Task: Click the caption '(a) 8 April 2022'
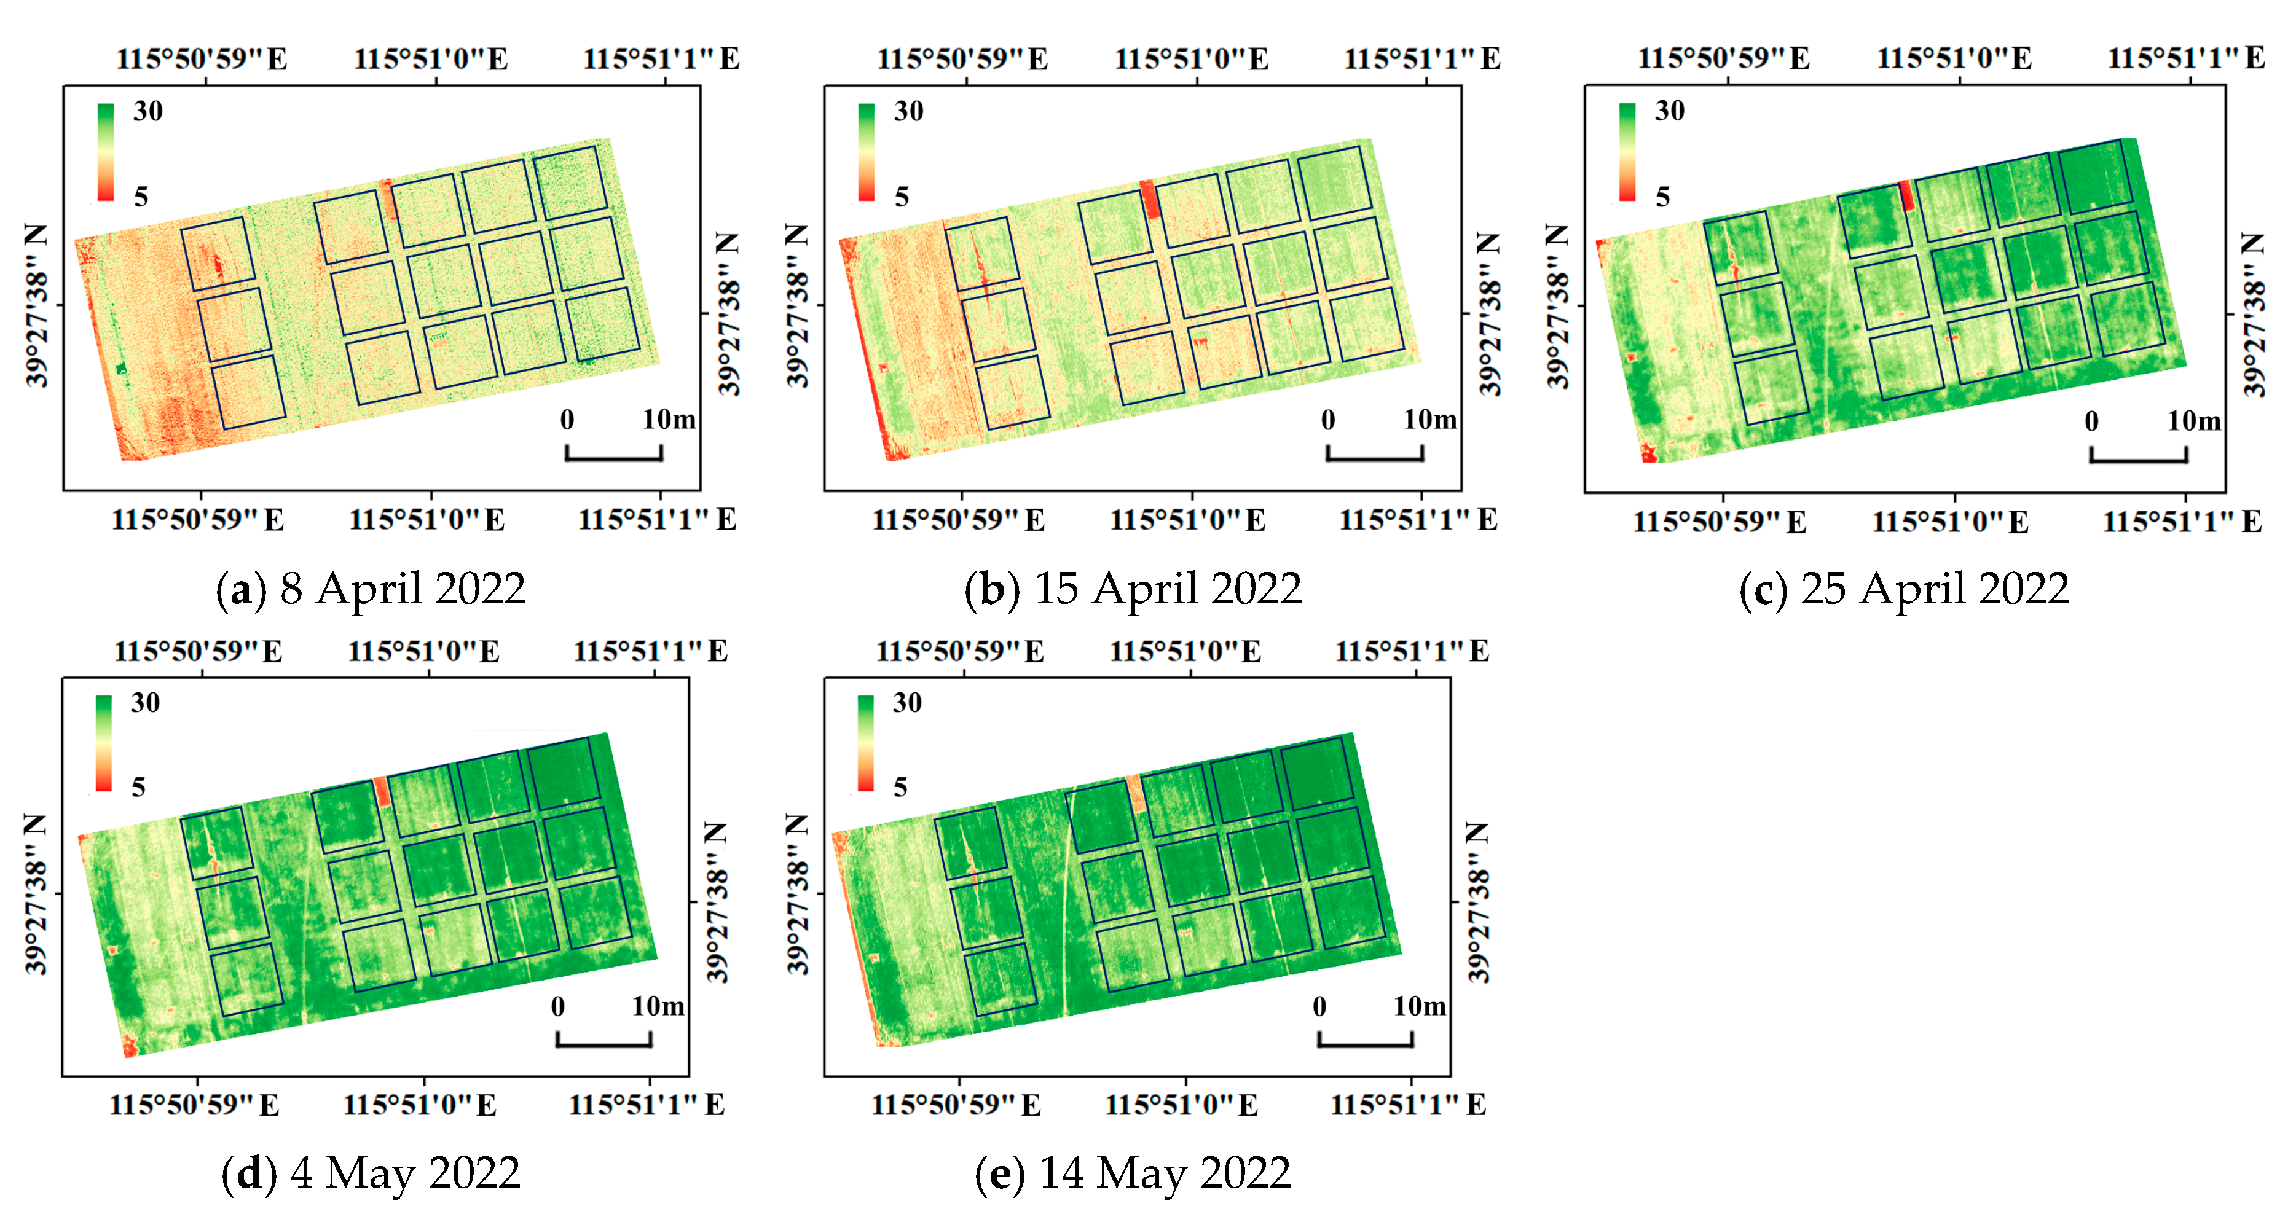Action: (x=371, y=589)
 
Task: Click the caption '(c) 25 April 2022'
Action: (x=1904, y=589)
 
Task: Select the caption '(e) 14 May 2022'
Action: (x=1132, y=1173)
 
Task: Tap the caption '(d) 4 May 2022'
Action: (x=371, y=1173)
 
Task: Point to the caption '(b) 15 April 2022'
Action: (x=1132, y=589)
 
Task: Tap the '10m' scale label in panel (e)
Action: (x=1419, y=1006)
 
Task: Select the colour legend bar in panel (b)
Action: (x=865, y=152)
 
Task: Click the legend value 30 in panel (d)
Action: (x=145, y=703)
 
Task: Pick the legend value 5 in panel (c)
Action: (x=1662, y=197)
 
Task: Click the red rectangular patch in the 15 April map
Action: (x=1150, y=199)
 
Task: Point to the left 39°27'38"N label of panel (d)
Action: (x=35, y=894)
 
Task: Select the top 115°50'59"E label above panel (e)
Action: (x=959, y=652)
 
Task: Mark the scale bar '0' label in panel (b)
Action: (x=1328, y=420)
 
